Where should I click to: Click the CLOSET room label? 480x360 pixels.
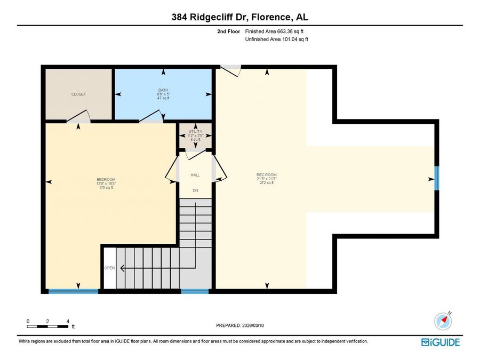coord(79,94)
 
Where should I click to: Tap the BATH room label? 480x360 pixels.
coord(163,90)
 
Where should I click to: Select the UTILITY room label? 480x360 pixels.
coord(195,132)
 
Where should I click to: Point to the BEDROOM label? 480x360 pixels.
coord(106,180)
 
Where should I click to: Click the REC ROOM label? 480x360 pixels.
coord(267,175)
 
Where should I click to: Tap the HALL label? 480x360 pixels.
coord(195,175)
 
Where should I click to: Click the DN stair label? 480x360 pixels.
coord(196,190)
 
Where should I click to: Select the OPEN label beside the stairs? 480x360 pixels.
coord(109,268)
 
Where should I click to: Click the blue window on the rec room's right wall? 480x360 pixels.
coord(437,178)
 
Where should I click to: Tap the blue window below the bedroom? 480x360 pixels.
coord(74,291)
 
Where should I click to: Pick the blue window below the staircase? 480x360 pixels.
coord(195,291)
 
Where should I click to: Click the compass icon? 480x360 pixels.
coord(443,321)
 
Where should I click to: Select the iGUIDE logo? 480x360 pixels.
coord(441,342)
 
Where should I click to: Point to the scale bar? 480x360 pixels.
coord(47,326)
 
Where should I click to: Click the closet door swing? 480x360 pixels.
coord(78,116)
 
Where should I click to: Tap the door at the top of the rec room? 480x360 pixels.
coord(231,71)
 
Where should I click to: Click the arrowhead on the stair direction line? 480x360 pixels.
coord(123,268)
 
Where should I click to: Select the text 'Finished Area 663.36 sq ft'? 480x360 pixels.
coord(274,31)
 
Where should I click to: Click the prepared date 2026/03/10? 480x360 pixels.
coord(253,325)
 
